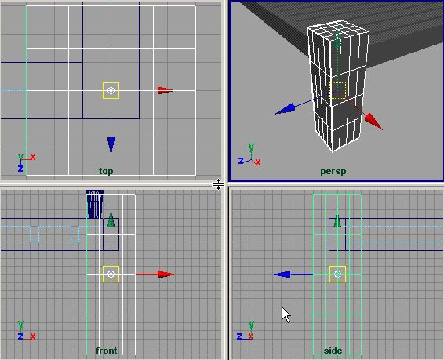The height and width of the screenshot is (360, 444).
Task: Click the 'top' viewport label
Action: (106, 171)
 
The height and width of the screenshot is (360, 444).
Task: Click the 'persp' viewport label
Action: (333, 172)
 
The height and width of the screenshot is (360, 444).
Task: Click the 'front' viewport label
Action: (106, 351)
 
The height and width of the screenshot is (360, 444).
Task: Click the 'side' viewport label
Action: (333, 351)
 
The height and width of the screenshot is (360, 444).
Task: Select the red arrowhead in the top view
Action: (165, 90)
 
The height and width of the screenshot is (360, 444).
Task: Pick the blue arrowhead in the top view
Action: (111, 144)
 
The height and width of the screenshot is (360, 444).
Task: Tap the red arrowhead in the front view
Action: (166, 275)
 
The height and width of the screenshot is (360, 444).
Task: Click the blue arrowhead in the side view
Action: (282, 275)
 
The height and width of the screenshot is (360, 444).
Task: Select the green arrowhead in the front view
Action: (111, 220)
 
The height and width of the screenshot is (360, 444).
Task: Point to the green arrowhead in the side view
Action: (337, 220)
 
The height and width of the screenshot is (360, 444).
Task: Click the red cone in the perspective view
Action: (373, 122)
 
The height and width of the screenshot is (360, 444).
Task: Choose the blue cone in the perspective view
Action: (285, 109)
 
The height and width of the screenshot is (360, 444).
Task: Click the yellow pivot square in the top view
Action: (111, 90)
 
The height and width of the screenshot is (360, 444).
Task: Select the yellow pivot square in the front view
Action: (111, 275)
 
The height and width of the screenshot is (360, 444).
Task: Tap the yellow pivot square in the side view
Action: (337, 275)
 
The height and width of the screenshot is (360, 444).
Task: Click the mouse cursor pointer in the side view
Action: (286, 315)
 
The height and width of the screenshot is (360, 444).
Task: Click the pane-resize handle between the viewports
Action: (218, 184)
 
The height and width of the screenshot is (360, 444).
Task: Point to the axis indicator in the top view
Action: (25, 162)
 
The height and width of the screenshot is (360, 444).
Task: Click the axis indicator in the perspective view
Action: (249, 155)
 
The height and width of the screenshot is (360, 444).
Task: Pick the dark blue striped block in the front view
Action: (95, 205)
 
